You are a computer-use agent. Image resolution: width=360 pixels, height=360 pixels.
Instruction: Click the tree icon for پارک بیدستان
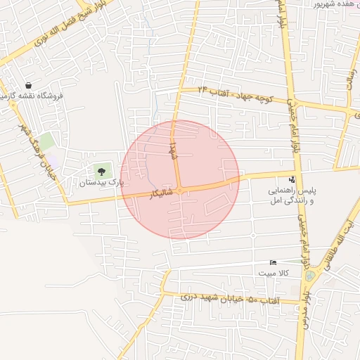102,171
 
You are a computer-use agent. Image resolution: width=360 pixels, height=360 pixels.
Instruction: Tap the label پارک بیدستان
101,183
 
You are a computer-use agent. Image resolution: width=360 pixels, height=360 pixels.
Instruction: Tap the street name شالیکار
161,193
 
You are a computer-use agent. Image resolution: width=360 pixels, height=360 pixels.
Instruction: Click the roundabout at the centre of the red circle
180,190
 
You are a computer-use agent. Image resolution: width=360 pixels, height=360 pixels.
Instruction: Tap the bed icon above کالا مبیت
274,262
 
